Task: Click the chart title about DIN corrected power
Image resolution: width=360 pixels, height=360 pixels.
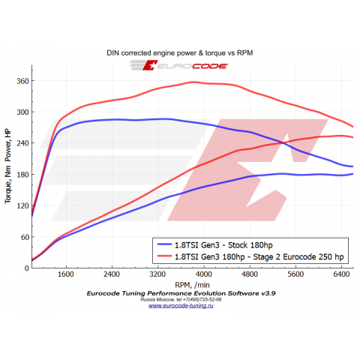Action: (180, 53)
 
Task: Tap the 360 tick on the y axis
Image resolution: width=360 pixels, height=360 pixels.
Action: (23, 81)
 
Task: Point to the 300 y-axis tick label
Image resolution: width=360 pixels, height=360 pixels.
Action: (23, 112)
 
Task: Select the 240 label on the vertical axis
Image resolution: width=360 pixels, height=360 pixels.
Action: (23, 143)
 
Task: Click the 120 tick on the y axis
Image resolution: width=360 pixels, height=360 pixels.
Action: (23, 205)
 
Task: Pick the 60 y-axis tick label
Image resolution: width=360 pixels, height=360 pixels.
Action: (25, 237)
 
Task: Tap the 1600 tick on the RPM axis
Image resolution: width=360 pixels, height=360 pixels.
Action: (66, 274)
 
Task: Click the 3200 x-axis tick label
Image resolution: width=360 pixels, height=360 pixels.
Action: (157, 274)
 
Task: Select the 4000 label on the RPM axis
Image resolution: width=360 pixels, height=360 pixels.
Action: (204, 274)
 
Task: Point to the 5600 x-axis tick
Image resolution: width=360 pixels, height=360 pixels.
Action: (295, 274)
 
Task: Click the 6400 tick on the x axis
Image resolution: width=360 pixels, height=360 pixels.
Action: (341, 274)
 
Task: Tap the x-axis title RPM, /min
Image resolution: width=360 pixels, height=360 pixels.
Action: (192, 285)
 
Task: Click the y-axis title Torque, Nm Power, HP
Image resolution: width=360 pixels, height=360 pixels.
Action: (8, 166)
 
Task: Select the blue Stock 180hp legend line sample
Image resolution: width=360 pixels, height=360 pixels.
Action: (164, 244)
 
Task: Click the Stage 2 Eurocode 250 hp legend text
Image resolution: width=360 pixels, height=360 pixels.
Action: (298, 256)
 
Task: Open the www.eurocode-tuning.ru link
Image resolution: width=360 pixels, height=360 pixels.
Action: (181, 306)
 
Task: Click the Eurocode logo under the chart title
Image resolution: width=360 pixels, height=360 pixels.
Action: (178, 65)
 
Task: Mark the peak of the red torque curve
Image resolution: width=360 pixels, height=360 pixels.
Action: (193, 82)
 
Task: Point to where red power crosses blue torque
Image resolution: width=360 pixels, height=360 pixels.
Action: (283, 143)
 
